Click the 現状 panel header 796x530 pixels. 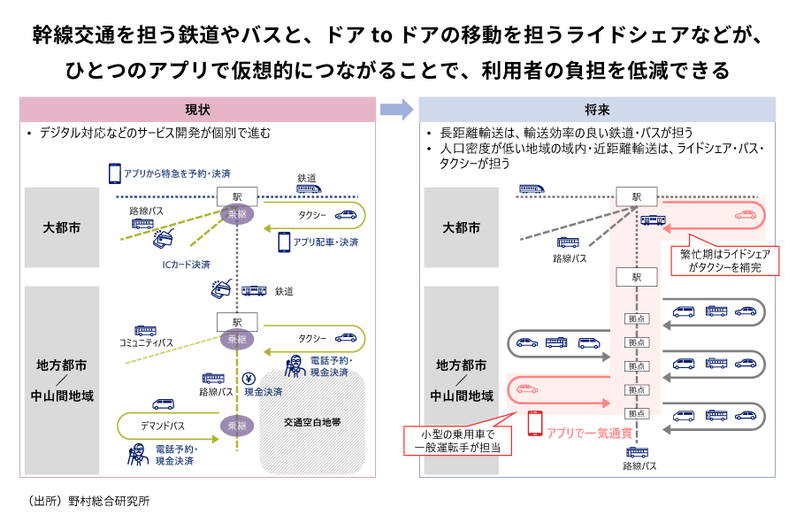(197, 110)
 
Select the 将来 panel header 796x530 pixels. (597, 110)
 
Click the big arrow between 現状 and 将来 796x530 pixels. (396, 110)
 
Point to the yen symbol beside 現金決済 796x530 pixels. (249, 375)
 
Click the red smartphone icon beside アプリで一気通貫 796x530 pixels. (534, 424)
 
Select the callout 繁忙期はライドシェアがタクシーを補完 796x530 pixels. (724, 260)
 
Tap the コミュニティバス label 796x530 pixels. (147, 342)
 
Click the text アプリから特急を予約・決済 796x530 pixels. (178, 174)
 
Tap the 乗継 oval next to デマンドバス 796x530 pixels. (236, 426)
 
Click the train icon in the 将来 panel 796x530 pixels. (531, 188)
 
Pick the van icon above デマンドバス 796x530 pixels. (163, 403)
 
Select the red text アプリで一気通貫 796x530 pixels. (587, 433)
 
